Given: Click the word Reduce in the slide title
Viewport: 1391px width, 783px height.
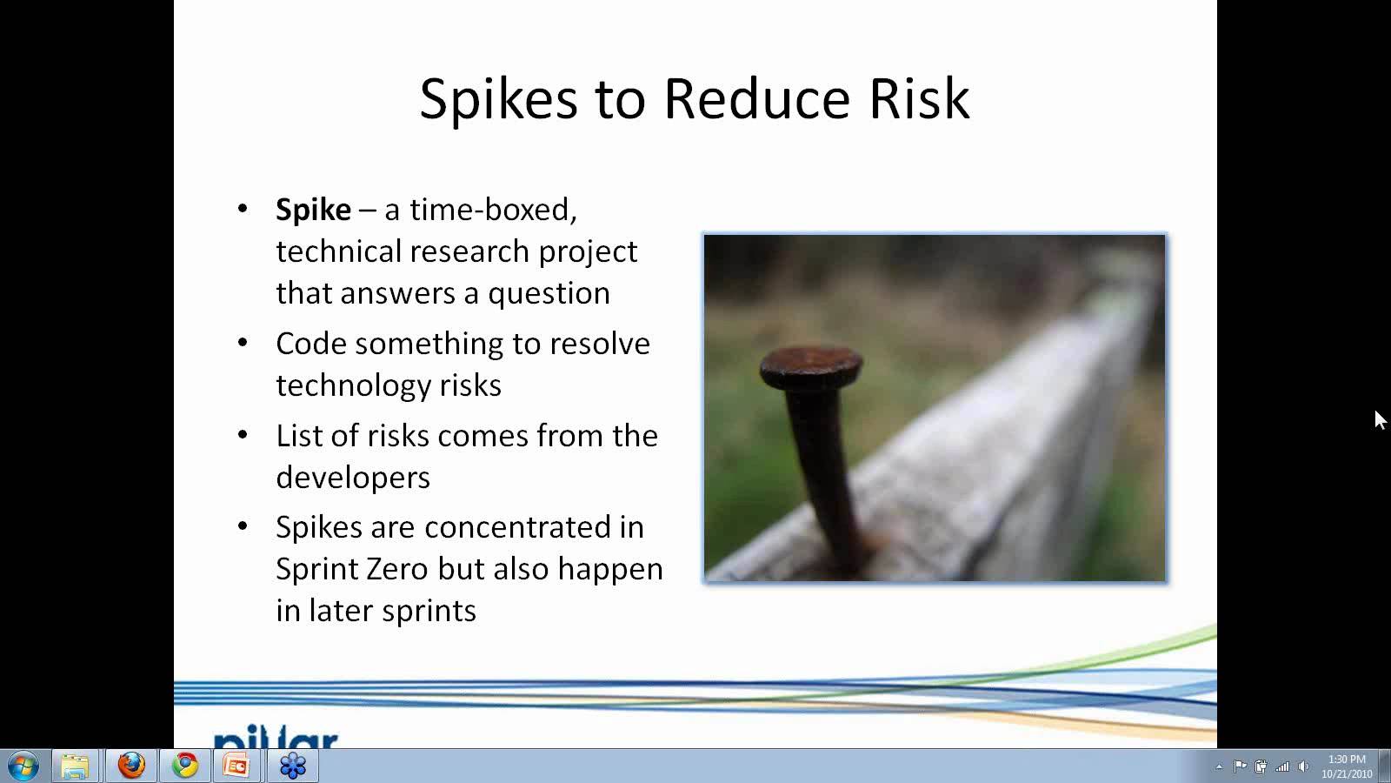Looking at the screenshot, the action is coord(756,99).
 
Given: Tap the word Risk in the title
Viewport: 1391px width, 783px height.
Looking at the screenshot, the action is coord(920,99).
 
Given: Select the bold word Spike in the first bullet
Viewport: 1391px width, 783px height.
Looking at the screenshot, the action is coord(314,210).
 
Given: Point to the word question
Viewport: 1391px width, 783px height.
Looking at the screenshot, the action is coord(549,294).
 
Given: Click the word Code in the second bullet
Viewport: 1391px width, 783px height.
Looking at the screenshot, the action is coord(310,344).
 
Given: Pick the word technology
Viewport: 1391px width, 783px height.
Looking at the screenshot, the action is coord(353,386).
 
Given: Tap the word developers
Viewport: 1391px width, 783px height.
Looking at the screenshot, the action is coord(353,478).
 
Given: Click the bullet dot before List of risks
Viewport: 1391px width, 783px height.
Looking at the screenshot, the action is coord(243,434).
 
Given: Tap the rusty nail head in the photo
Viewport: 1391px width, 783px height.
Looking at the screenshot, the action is coord(811,366).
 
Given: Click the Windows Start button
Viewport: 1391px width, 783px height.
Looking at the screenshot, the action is coord(23,766).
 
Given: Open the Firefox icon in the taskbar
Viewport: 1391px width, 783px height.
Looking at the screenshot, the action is coord(131,766).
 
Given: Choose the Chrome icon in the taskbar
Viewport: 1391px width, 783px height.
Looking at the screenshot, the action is coord(184,766).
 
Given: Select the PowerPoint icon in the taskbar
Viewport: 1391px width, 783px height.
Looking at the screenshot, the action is coord(236,766).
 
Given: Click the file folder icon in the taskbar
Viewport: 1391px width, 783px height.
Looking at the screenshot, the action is coord(75,766).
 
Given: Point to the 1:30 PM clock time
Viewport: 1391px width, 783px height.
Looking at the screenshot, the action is coord(1347,760).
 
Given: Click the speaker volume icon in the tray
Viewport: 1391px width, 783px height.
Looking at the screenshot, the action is coord(1303,766).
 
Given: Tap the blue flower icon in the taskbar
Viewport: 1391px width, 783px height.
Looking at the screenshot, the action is coord(292,766).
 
